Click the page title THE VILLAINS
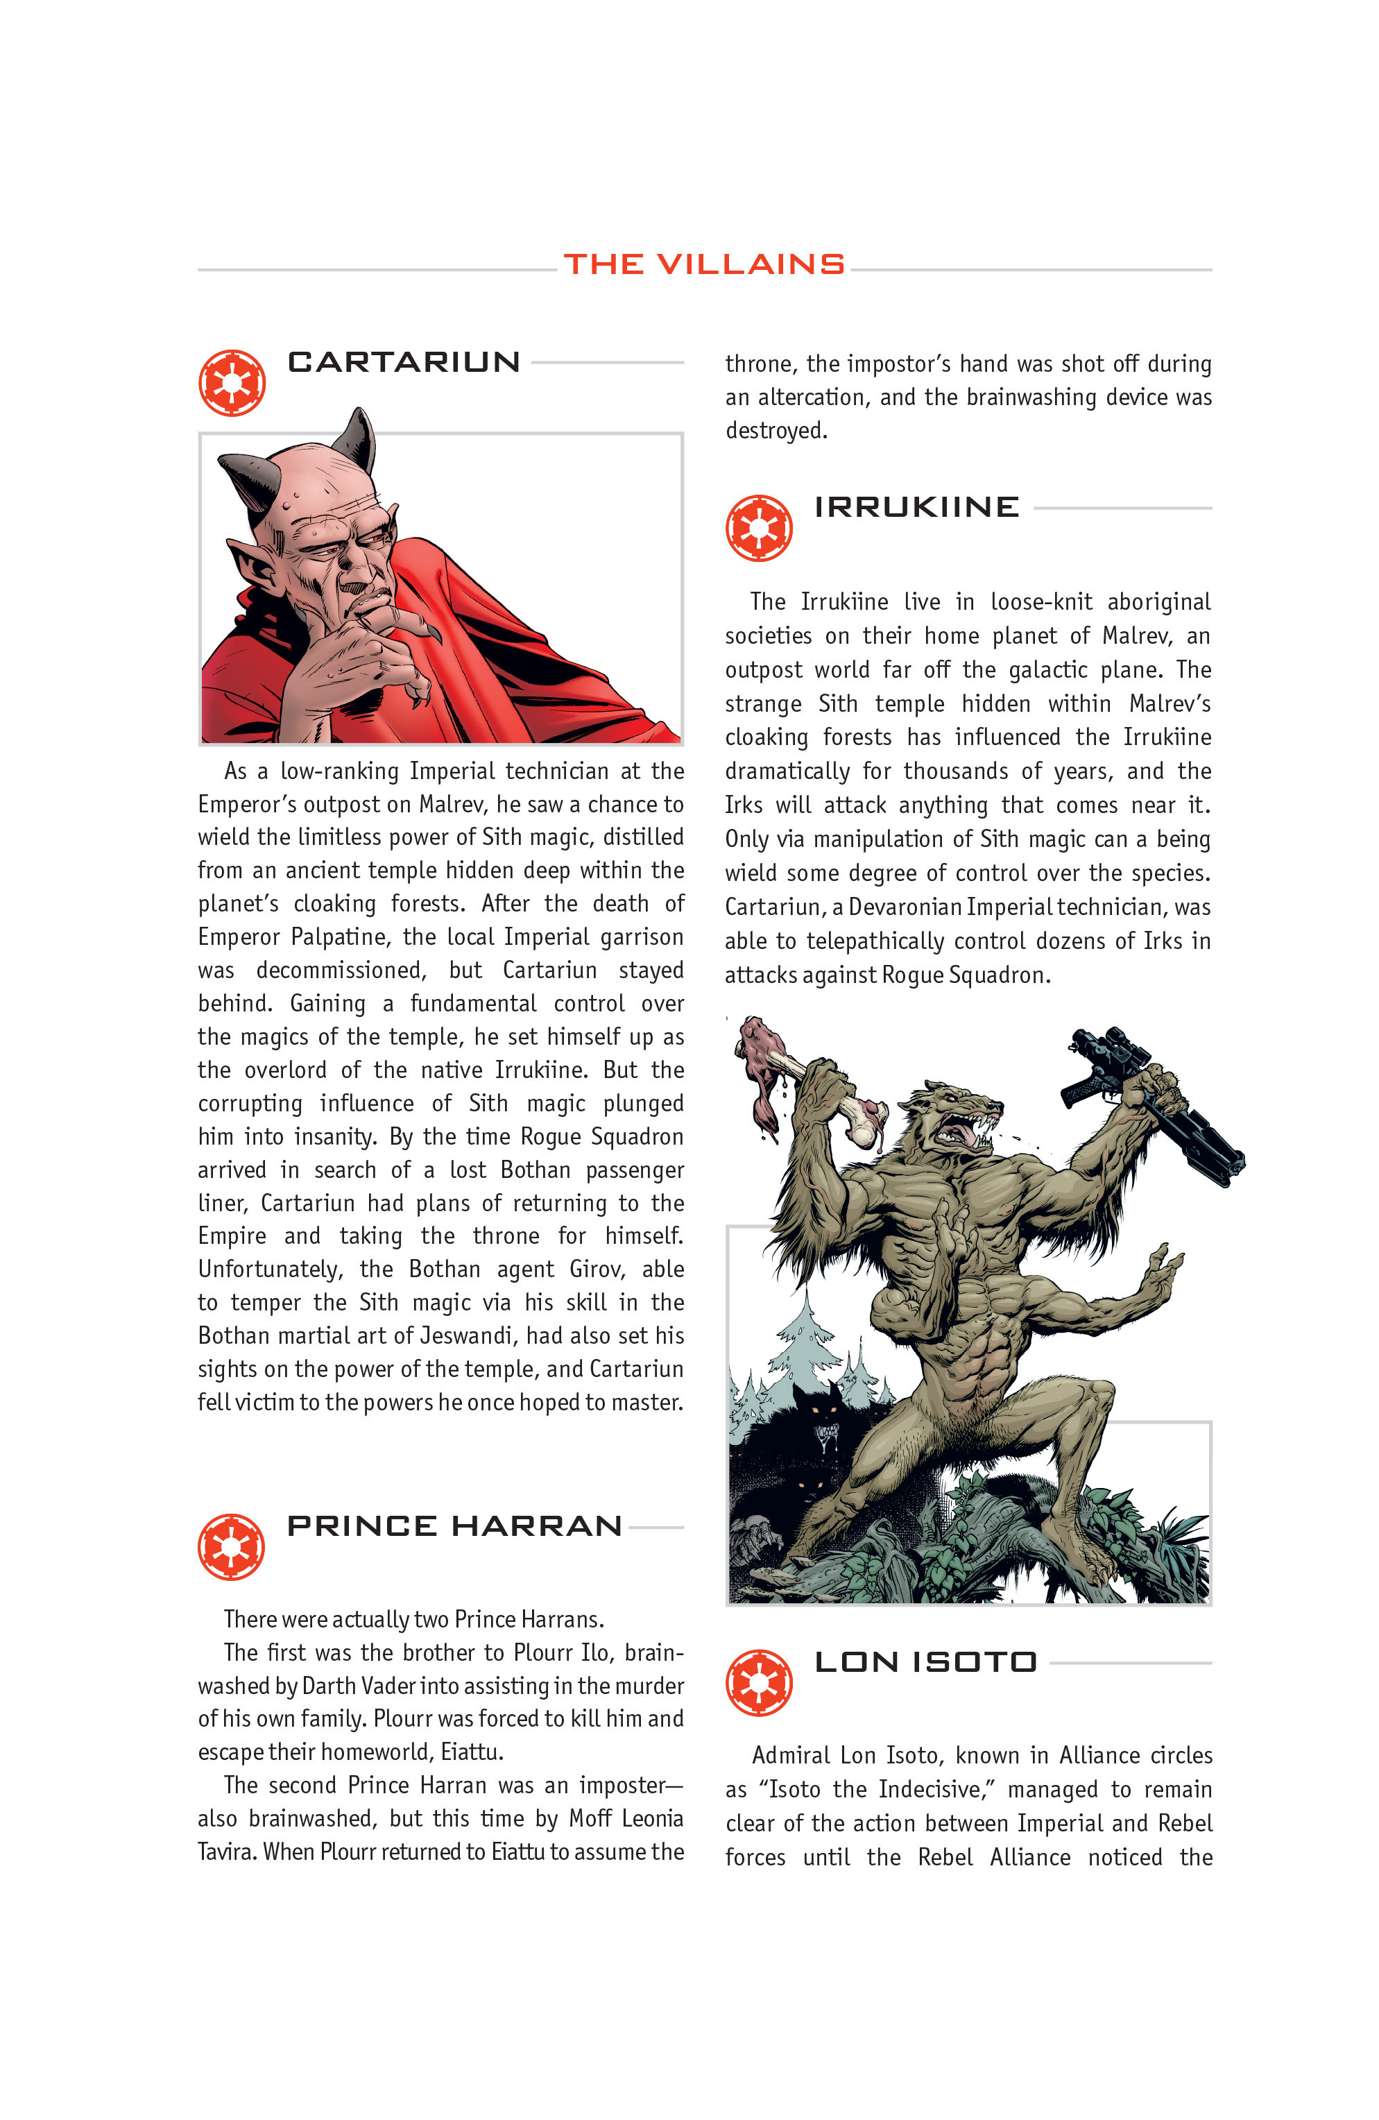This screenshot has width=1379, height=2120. pos(704,264)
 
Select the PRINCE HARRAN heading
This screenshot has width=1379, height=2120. pos(454,1526)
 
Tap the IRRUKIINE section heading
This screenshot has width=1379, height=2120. pos(916,507)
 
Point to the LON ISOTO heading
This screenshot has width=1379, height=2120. pos(925,1662)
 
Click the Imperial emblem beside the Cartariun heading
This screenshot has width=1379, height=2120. pos(232,383)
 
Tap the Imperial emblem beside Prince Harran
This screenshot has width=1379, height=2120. pos(232,1546)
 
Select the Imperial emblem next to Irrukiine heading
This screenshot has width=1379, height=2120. pos(758,528)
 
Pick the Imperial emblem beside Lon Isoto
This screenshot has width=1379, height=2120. pos(758,1683)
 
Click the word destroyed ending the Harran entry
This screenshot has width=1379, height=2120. pos(775,431)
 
